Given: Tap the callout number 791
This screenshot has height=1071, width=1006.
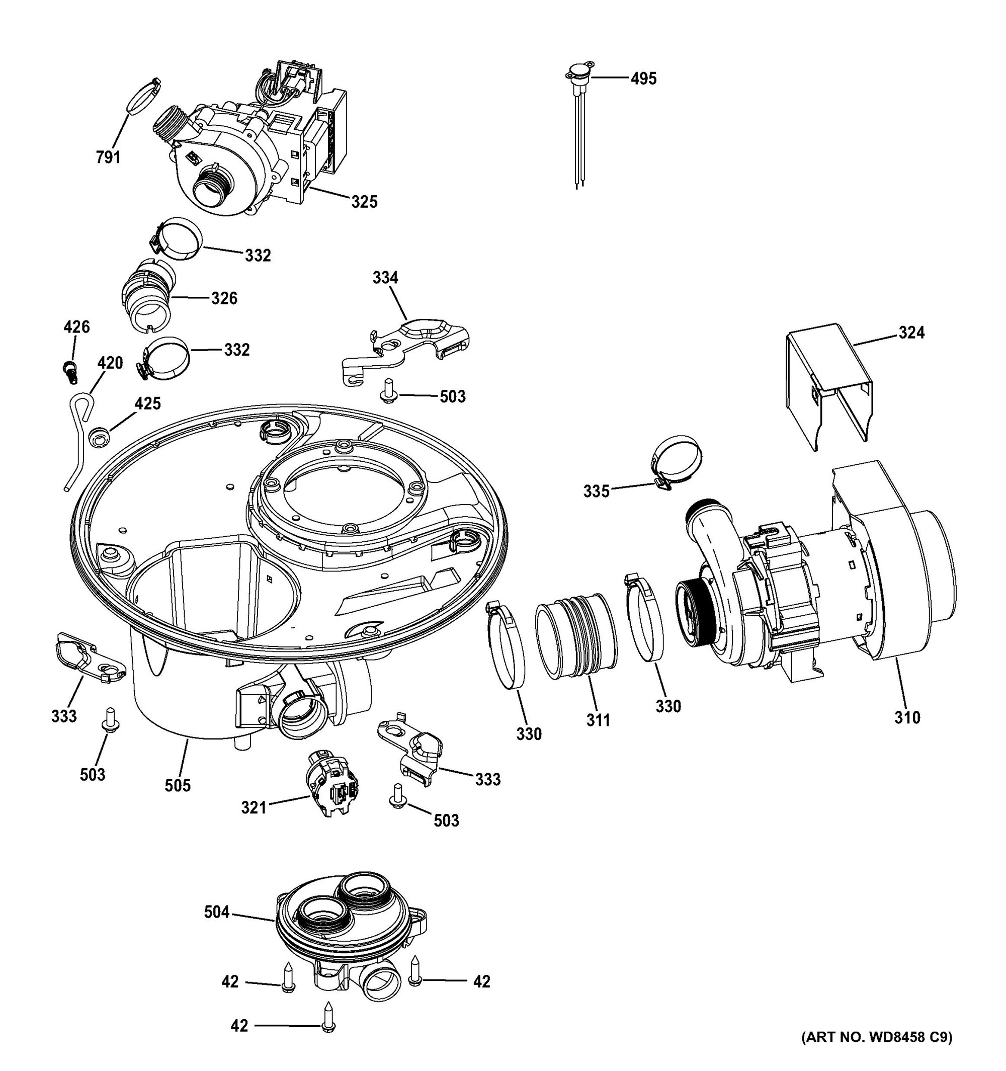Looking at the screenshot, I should (x=108, y=157).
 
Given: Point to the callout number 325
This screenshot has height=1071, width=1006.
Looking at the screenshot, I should (x=364, y=202).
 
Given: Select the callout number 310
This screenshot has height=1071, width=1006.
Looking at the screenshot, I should (x=907, y=717).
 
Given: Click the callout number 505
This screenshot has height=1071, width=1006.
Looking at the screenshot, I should (x=177, y=785).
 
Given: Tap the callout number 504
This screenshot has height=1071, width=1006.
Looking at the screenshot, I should (x=216, y=912).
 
